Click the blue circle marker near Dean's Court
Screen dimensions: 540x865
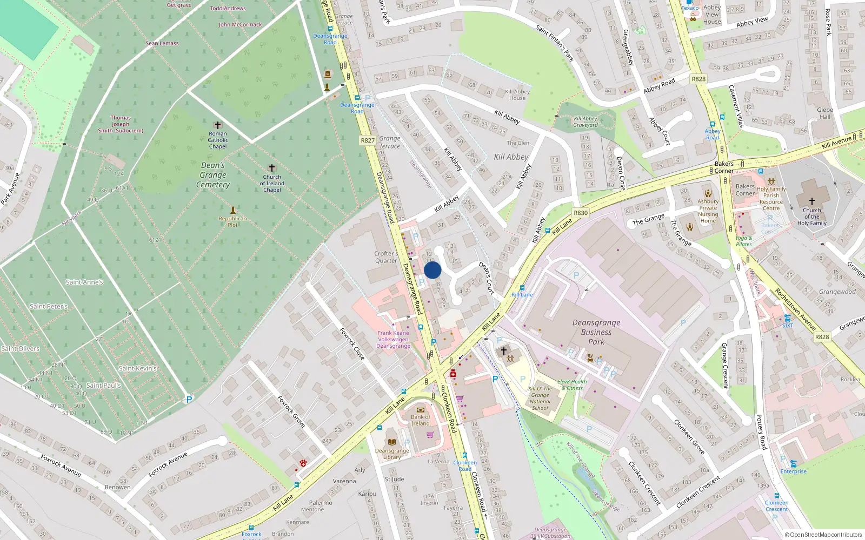tap(432, 270)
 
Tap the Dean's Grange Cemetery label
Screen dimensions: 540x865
tap(213, 175)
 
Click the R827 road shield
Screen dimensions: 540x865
tap(368, 140)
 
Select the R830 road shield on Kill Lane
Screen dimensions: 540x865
tap(581, 213)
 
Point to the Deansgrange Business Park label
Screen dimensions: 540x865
tap(596, 332)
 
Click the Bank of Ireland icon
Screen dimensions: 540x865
tap(421, 410)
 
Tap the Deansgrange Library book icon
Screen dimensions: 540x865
tap(392, 442)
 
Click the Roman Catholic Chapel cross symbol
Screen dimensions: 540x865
tap(218, 125)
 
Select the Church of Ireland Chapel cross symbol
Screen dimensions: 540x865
tap(272, 168)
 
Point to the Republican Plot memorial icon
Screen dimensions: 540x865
tap(233, 210)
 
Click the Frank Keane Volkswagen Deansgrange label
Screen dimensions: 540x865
tap(393, 340)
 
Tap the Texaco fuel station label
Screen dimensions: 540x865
tap(690, 8)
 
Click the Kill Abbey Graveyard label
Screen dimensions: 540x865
tap(585, 122)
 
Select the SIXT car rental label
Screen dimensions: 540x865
tap(788, 326)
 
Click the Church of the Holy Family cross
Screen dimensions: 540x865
tap(811, 201)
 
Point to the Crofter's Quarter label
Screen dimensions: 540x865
tap(386, 257)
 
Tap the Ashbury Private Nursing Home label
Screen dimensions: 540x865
tap(708, 211)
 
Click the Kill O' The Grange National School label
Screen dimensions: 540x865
tap(540, 398)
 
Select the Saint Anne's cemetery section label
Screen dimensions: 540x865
tap(84, 282)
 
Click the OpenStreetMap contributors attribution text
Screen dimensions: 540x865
tap(823, 535)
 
